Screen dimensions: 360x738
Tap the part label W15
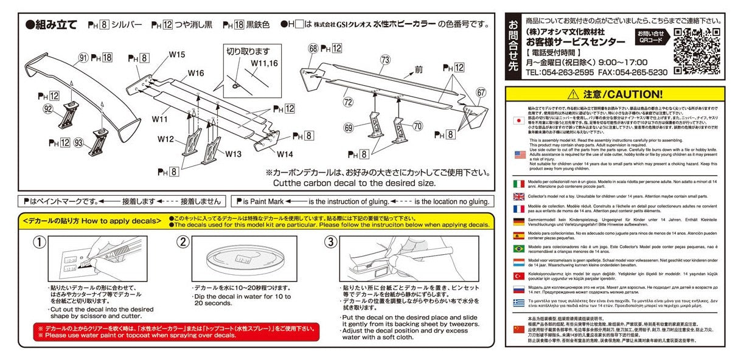177,55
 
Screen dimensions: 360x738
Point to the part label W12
165,139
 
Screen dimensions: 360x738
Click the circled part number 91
83,58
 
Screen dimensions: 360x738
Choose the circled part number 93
78,142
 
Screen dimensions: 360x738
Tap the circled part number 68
313,48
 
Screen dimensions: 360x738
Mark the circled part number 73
385,60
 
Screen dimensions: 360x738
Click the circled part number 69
348,127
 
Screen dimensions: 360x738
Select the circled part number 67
481,92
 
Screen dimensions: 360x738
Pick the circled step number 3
330,242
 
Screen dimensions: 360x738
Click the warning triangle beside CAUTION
573,94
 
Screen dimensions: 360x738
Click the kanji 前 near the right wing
418,71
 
